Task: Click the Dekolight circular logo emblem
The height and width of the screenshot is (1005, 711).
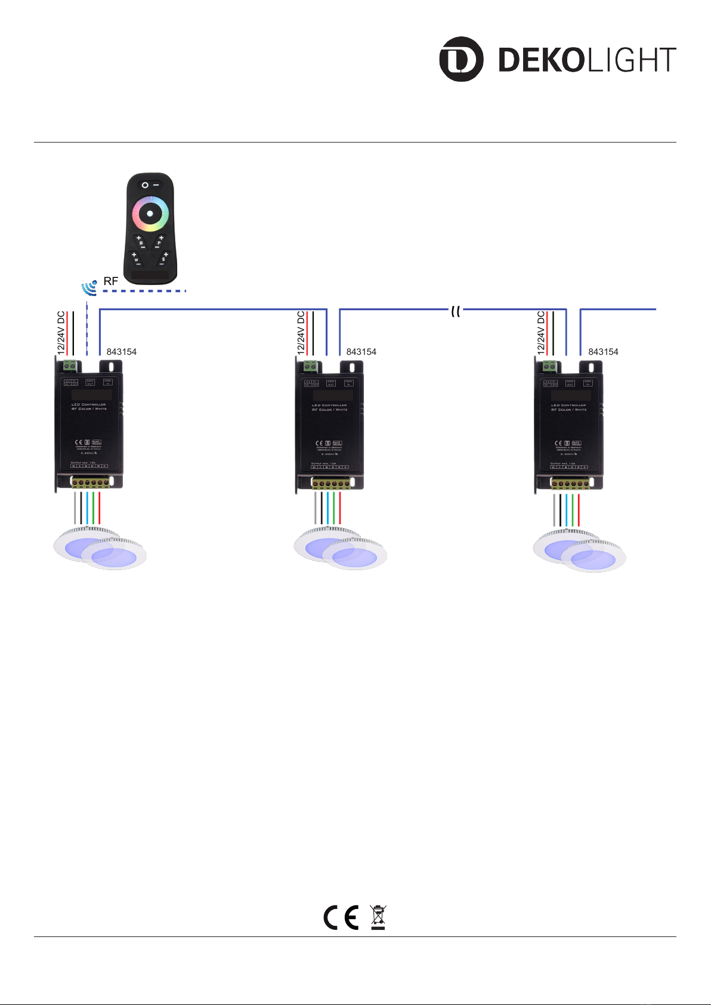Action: point(461,59)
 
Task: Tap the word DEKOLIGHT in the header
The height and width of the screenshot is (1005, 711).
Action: point(587,60)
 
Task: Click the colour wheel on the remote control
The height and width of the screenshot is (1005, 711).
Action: point(150,214)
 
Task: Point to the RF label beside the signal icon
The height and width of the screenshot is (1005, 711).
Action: point(111,281)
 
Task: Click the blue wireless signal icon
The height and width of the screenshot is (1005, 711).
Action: point(89,287)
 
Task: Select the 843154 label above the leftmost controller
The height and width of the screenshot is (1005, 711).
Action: point(122,352)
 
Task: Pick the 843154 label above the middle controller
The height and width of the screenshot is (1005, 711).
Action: point(361,352)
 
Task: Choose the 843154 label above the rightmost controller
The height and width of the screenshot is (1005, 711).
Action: point(603,352)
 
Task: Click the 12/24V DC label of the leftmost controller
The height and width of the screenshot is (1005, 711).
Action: point(61,333)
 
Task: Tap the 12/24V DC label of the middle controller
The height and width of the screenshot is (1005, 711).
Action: point(301,333)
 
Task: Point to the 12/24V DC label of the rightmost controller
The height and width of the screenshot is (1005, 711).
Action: point(541,333)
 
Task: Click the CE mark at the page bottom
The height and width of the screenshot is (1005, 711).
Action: point(341,917)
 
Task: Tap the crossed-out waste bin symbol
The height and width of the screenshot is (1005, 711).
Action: point(378,917)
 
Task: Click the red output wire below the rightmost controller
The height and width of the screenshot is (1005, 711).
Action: point(579,510)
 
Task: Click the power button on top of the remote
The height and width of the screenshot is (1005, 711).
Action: point(145,185)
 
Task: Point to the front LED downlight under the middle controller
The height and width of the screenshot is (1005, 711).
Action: point(354,556)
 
